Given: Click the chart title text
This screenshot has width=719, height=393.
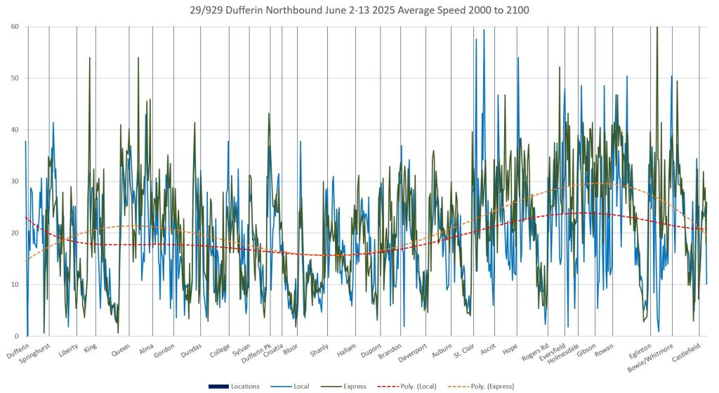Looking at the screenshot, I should coord(359,10).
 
